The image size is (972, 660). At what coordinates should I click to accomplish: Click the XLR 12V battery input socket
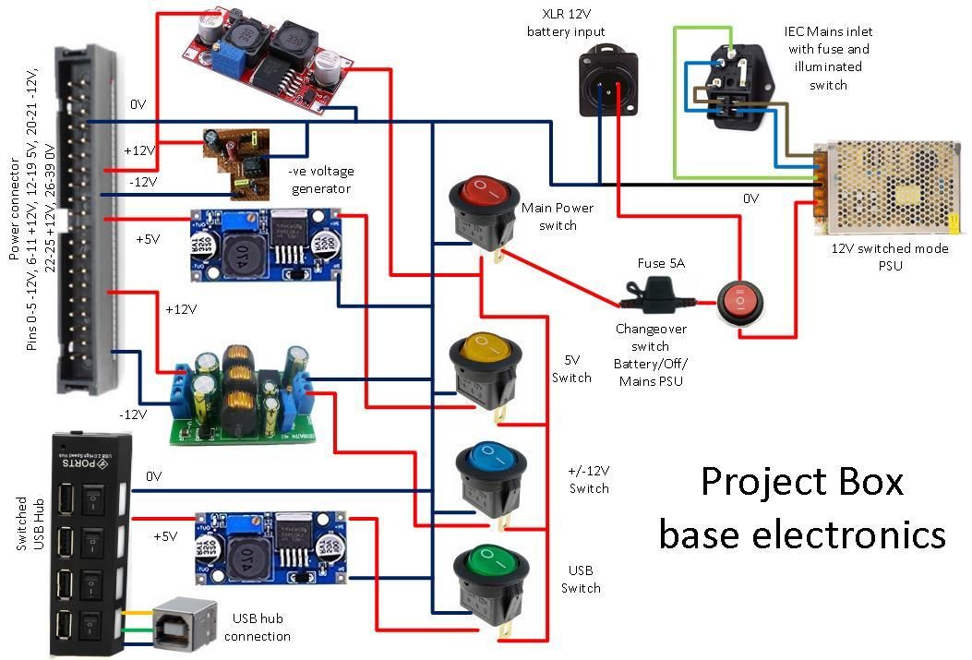pyautogui.click(x=608, y=83)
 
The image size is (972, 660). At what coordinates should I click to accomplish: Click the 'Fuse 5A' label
pyautogui.click(x=661, y=264)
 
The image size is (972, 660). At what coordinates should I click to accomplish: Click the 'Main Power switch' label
pyautogui.click(x=558, y=217)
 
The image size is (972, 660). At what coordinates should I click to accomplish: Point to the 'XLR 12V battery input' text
pyautogui.click(x=565, y=24)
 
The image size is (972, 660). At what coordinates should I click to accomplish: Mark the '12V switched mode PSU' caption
pyautogui.click(x=884, y=258)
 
